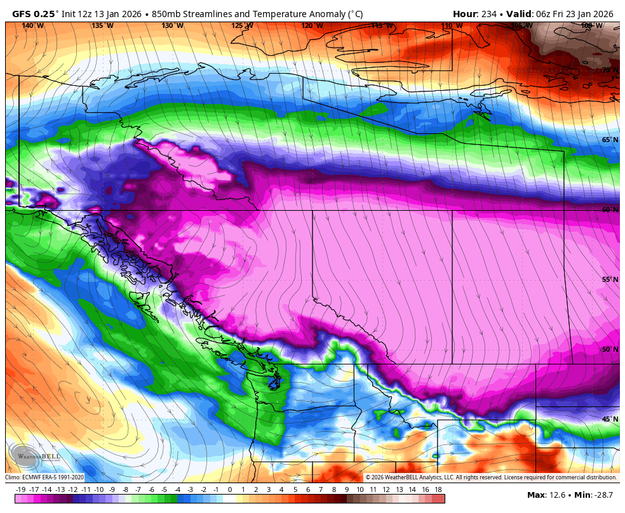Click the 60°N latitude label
(x=610, y=210)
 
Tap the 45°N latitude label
(x=610, y=419)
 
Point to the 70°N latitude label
(x=610, y=70)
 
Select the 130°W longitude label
(x=172, y=25)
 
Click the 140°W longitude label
(x=32, y=25)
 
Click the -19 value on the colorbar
(x=20, y=490)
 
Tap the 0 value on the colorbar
(x=229, y=490)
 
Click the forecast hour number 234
(x=489, y=14)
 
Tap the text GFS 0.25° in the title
(x=36, y=14)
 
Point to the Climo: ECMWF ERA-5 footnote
(x=44, y=477)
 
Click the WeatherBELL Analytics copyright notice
(x=490, y=477)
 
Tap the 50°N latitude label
(x=610, y=349)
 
